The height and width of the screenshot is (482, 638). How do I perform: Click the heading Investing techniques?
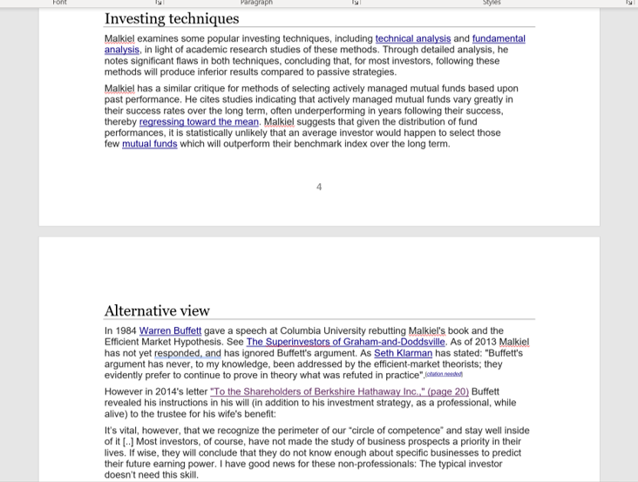[171, 18]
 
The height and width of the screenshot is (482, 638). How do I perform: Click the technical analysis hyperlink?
[412, 39]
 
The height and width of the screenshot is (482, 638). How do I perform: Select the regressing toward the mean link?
[199, 123]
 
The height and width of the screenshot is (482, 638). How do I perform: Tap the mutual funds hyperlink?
[149, 145]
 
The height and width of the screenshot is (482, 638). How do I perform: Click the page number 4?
[319, 187]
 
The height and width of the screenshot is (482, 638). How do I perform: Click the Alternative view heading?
[157, 310]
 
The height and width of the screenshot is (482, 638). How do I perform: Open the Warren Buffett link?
[170, 331]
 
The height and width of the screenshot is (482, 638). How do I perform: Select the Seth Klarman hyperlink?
[403, 354]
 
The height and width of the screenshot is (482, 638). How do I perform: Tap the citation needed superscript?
[444, 375]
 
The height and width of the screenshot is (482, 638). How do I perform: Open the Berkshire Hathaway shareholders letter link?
[339, 392]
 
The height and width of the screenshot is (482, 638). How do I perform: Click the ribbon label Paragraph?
[256, 3]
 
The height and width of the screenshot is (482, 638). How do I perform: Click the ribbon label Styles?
[492, 3]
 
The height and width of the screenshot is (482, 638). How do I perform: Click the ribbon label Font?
[59, 3]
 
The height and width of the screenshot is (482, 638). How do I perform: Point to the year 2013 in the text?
[484, 343]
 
